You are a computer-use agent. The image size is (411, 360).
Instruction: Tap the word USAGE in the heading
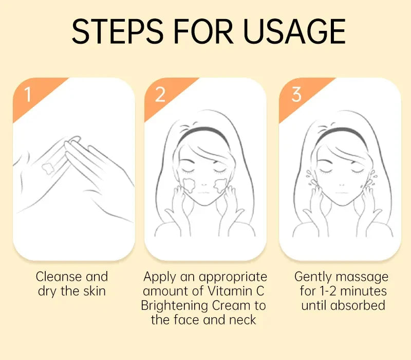pos(294,31)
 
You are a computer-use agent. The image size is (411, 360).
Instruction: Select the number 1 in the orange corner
pos(28,95)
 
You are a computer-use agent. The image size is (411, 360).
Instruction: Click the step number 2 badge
pos(160,95)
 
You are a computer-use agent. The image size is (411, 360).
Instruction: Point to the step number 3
pos(296,95)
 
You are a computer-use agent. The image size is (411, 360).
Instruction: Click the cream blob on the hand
pos(48,168)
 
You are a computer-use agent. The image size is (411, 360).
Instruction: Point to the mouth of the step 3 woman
pos(342,193)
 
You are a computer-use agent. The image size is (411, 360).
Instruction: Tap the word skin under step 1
pos(95,291)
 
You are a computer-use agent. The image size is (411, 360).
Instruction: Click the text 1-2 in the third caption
pos(328,291)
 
